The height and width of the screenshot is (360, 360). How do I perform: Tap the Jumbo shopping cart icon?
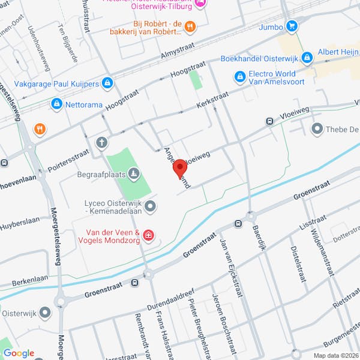click(x=292, y=26)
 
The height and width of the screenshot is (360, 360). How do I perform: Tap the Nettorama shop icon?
click(x=56, y=104)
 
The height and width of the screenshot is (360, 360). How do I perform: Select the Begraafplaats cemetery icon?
click(x=135, y=175)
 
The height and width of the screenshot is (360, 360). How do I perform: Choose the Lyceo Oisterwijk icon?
click(x=151, y=206)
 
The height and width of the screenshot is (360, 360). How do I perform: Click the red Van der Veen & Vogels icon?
click(x=148, y=235)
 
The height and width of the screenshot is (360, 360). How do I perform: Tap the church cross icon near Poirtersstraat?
click(x=102, y=142)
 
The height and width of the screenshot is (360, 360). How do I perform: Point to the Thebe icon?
click(x=316, y=128)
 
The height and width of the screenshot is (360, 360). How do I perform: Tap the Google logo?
click(x=18, y=353)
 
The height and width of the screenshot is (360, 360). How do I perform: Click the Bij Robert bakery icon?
click(x=190, y=25)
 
